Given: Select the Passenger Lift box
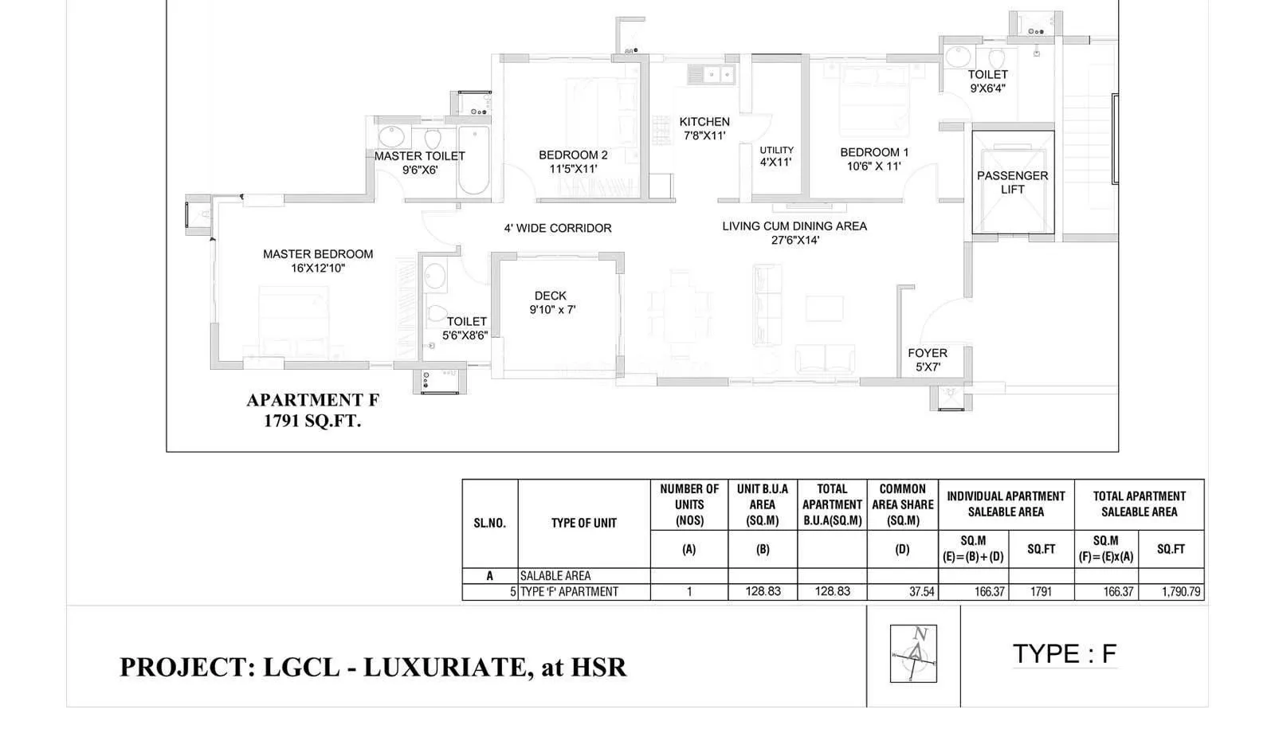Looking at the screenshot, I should pyautogui.click(x=1013, y=182).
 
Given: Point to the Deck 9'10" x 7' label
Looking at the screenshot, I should pyautogui.click(x=551, y=303).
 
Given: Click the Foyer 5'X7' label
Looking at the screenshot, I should pyautogui.click(x=928, y=359).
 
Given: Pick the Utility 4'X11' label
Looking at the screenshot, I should pyautogui.click(x=776, y=155).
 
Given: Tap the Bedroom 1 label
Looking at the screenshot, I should pyautogui.click(x=874, y=159).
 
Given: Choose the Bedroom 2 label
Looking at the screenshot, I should pyautogui.click(x=573, y=162).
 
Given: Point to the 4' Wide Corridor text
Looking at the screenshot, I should pyautogui.click(x=558, y=228).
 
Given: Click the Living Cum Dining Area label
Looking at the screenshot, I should pyautogui.click(x=794, y=233).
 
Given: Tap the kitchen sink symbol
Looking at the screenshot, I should pyautogui.click(x=712, y=75).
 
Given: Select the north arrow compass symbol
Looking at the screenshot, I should pyautogui.click(x=913, y=653).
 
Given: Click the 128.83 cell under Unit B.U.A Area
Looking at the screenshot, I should pyautogui.click(x=763, y=592).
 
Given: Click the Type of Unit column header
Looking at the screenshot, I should pyautogui.click(x=583, y=523).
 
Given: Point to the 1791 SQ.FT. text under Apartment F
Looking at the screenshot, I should pyautogui.click(x=312, y=422).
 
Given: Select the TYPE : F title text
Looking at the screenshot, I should pyautogui.click(x=1065, y=654).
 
